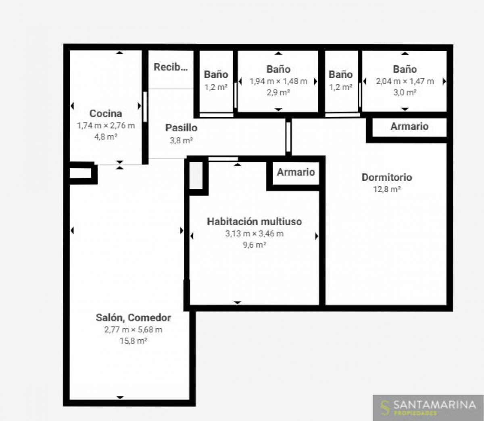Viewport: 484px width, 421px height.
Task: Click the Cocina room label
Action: click(x=106, y=114)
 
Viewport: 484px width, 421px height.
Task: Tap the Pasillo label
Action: click(x=181, y=128)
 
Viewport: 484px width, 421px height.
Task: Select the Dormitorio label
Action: click(x=387, y=177)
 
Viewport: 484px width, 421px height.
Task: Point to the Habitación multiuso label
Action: click(x=254, y=222)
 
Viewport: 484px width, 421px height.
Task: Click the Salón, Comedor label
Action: click(x=133, y=318)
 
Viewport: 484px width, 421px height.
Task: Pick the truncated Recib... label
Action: click(x=171, y=67)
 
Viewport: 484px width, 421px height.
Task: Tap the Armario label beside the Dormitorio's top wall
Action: click(x=409, y=127)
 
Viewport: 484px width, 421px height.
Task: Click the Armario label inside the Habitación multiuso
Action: click(x=296, y=172)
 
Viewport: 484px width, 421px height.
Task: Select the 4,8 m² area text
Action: click(x=106, y=137)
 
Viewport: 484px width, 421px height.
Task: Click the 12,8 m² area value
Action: click(x=387, y=189)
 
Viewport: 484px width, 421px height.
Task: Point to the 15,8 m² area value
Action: click(x=133, y=341)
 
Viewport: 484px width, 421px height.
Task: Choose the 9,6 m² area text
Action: click(x=254, y=245)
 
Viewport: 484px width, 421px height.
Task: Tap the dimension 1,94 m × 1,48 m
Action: click(x=278, y=81)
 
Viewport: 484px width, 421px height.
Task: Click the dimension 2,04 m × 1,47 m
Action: click(x=405, y=81)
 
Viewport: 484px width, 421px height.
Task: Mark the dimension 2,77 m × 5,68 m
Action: click(x=133, y=330)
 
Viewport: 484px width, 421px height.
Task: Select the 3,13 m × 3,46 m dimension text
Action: click(x=254, y=234)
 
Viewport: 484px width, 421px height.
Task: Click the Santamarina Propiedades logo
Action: click(x=428, y=407)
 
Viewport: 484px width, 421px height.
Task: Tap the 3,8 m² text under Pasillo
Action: click(x=181, y=141)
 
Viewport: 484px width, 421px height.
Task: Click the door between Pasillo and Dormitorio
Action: click(x=288, y=137)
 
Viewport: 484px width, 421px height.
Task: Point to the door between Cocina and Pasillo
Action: click(x=145, y=107)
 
